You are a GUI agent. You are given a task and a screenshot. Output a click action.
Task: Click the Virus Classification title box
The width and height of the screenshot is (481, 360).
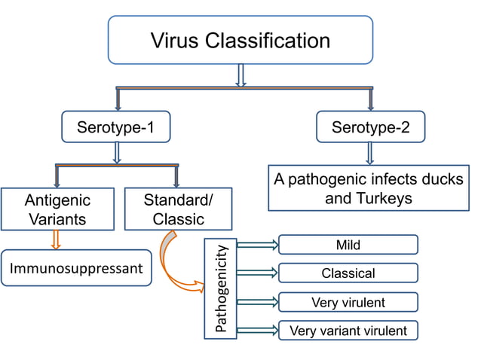point(240,39)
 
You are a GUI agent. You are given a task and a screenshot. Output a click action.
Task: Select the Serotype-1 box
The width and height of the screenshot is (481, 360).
point(115,127)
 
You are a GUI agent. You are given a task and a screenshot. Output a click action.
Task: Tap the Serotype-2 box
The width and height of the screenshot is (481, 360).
point(370,127)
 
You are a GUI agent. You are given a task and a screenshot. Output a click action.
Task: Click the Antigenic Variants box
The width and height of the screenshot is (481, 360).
point(57,209)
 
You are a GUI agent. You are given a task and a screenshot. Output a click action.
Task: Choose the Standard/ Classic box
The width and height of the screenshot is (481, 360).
point(178,209)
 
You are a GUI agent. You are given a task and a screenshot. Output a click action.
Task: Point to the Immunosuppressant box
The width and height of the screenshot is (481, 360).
point(76,269)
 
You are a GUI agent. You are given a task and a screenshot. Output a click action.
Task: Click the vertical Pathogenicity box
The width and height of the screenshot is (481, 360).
point(221,287)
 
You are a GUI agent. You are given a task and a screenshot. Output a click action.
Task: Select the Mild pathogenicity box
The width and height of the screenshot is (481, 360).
point(348,245)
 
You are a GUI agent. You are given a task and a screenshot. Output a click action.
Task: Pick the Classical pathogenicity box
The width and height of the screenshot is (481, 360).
point(348,273)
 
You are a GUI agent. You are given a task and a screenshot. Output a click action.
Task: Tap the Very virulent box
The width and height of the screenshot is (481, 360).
point(348,302)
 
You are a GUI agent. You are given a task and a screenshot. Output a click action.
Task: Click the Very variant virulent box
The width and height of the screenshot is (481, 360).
point(348,330)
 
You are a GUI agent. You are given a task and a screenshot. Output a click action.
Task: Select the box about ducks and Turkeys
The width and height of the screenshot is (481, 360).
point(368,189)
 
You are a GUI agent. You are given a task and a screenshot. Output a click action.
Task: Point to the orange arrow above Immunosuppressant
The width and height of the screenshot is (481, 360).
point(54,239)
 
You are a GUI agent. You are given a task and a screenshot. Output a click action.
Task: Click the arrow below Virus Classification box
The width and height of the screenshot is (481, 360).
point(241,75)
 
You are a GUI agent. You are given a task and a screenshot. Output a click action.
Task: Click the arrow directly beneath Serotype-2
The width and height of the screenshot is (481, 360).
point(370,154)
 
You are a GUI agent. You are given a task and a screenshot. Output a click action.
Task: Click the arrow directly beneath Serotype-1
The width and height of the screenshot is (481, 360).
point(116,153)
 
